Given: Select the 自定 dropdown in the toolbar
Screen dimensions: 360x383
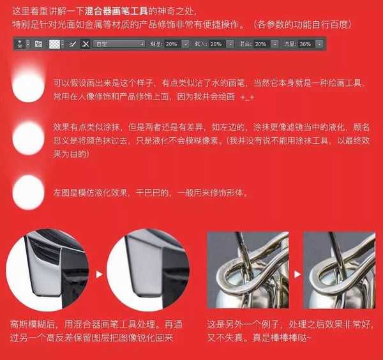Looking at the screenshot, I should [x=119, y=44].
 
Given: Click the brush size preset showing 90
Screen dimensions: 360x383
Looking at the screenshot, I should [x=20, y=44].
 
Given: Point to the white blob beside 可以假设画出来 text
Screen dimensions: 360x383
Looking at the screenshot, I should [x=28, y=87].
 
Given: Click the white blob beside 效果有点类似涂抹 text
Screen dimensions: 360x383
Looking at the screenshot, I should [x=28, y=135].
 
